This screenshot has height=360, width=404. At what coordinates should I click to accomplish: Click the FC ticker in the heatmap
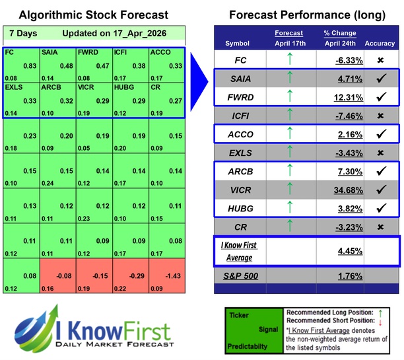click(9, 52)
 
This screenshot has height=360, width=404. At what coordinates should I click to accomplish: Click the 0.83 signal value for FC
click(29, 66)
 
